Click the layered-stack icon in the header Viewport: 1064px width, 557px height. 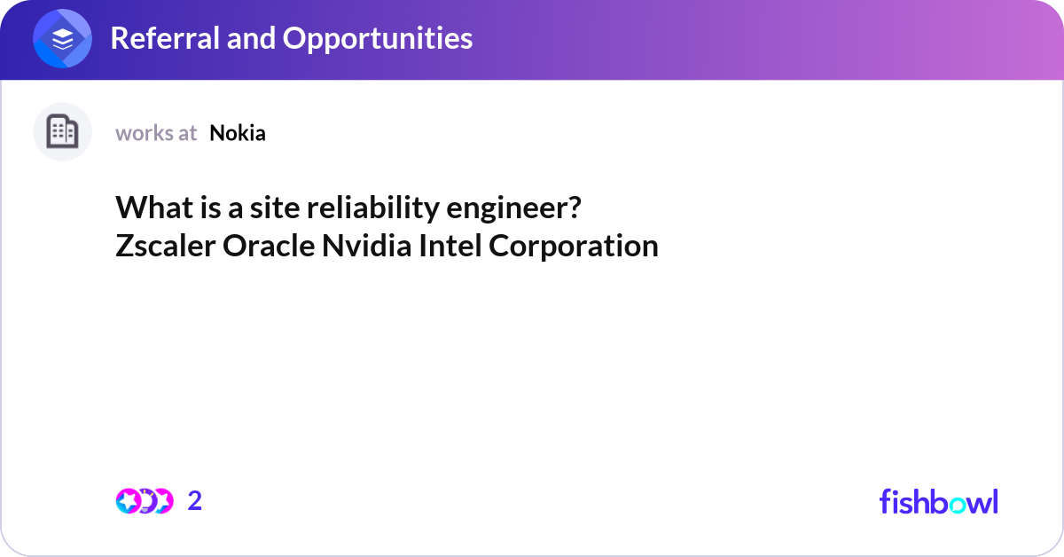pos(63,38)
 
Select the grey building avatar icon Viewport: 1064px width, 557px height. pos(62,132)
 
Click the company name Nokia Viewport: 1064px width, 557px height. pos(238,133)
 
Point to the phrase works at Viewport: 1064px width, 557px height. pos(156,133)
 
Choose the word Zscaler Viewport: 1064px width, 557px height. pos(165,246)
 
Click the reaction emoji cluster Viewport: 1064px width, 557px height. pos(144,501)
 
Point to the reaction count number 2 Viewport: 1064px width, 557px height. pos(195,501)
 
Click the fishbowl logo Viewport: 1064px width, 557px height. pos(938,501)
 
